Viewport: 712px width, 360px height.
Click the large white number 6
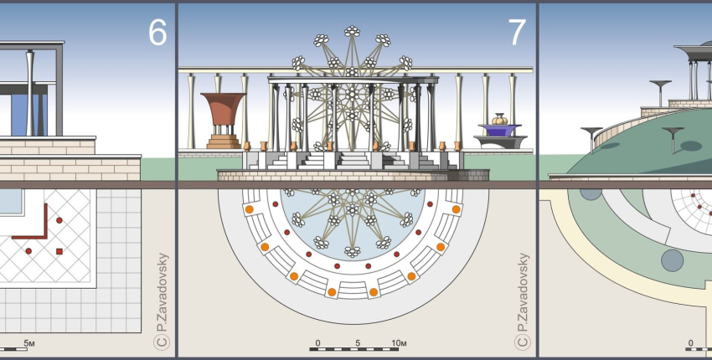pos(157,32)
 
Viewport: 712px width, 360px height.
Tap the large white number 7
pos(517,32)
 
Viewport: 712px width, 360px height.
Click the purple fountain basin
pos(499,130)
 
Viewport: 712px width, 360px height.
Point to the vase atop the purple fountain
pos(499,119)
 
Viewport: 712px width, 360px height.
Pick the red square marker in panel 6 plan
pos(59,251)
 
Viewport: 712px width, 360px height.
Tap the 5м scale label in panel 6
pos(29,342)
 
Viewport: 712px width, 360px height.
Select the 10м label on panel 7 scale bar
pos(399,342)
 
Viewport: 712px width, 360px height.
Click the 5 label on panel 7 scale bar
pos(358,342)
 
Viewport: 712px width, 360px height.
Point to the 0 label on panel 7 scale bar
pos(317,342)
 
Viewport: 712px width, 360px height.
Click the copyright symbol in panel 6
pos(161,342)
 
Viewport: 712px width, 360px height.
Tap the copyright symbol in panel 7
pos(522,342)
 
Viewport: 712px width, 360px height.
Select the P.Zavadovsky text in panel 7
pos(523,292)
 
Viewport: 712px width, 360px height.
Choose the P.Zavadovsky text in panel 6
pos(162,292)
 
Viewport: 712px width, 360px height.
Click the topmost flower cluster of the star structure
pos(352,31)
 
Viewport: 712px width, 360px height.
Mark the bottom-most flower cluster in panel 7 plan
pos(352,251)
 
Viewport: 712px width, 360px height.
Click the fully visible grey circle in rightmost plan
pos(672,260)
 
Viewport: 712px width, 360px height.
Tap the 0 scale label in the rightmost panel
pos(691,342)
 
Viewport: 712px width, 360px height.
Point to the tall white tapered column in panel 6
pos(30,93)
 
